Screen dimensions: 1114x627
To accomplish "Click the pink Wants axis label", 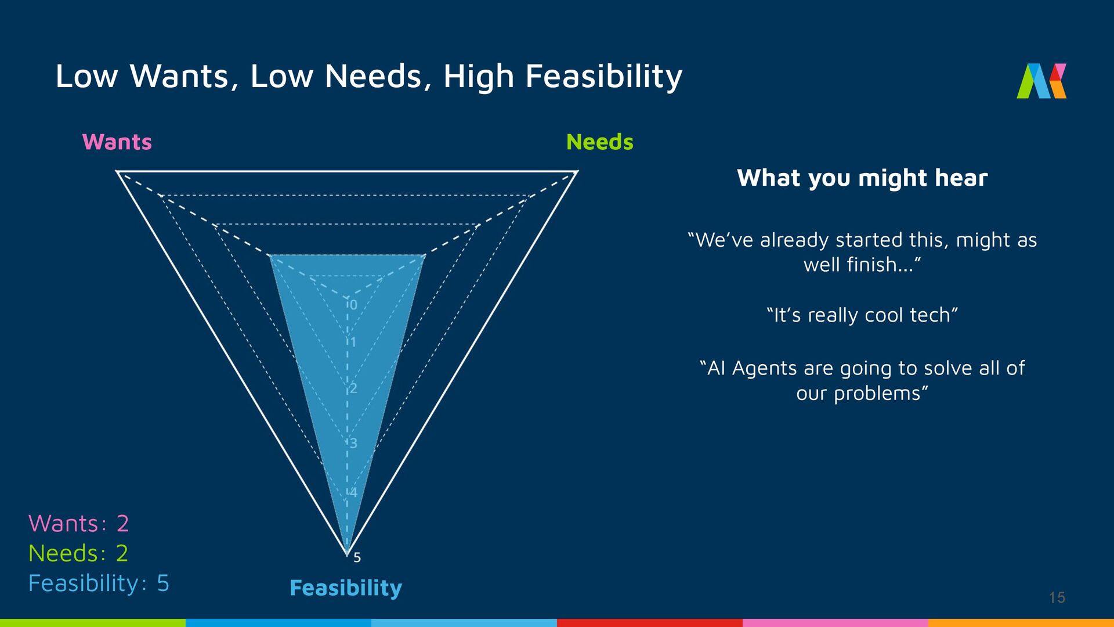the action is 117,142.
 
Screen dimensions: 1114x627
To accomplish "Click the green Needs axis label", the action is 599,142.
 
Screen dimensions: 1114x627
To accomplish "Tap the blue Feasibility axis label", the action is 345,588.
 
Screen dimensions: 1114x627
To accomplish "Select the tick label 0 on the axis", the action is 353,305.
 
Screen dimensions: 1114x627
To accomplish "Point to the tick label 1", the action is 353,342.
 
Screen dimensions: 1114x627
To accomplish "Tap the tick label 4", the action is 353,492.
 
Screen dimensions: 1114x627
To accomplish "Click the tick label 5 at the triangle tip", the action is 357,557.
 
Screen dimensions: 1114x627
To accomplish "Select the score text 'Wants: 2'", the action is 78,524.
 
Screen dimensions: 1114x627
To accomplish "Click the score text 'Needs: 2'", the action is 78,553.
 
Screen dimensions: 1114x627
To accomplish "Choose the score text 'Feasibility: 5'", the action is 99,583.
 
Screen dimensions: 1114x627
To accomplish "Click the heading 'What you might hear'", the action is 862,178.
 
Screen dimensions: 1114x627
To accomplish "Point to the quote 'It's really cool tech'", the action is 862,315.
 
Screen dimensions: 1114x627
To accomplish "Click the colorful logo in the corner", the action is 1041,81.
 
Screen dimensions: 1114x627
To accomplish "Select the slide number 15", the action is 1057,597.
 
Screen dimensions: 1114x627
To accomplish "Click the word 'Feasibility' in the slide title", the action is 603,77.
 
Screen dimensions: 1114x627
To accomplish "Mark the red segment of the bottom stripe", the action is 650,623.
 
